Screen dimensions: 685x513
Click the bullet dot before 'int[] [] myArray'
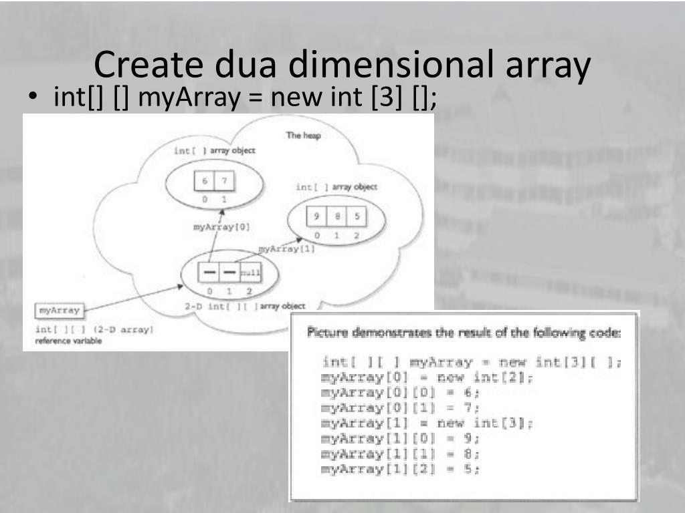(31, 100)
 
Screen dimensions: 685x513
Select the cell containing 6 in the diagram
(205, 182)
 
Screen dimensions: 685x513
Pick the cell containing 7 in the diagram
(224, 182)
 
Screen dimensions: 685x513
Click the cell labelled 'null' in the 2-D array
(250, 273)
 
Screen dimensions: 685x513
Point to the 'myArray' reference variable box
(60, 311)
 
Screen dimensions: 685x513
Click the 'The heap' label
(304, 136)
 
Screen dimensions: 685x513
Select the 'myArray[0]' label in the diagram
(221, 227)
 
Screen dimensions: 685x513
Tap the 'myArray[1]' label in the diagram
(286, 249)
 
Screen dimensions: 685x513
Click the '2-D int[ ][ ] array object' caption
(245, 306)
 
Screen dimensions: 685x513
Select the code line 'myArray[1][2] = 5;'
(401, 469)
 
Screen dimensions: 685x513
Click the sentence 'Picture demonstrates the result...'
(464, 333)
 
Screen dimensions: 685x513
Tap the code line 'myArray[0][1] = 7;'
(401, 408)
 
